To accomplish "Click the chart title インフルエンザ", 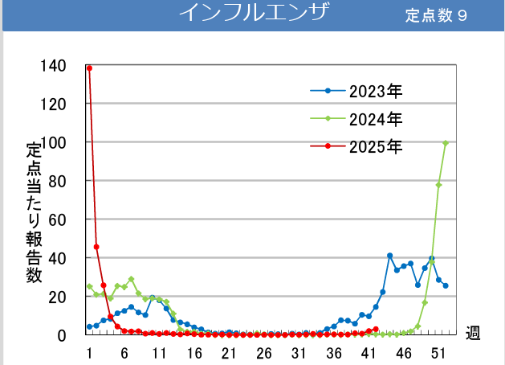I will tap(254, 14).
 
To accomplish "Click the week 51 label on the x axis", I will tap(438, 354).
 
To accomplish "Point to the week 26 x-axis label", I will tap(263, 354).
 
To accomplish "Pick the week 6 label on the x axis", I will tap(124, 354).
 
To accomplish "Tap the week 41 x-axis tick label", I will tap(369, 354).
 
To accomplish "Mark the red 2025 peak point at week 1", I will tap(89, 68).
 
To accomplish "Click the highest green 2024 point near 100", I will tap(446, 143).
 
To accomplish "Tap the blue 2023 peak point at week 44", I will tap(389, 256).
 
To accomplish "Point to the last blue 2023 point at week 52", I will tap(446, 285).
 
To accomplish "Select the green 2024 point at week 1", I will tap(89, 286).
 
